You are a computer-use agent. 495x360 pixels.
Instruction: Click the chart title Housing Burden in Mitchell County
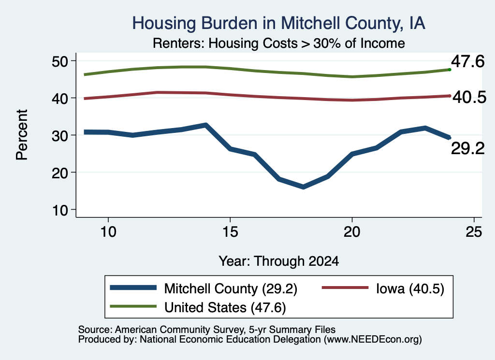(278, 23)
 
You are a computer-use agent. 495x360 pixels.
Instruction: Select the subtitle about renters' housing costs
(279, 43)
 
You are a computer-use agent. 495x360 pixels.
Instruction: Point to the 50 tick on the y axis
(60, 61)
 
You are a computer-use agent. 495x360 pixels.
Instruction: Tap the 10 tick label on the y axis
(60, 210)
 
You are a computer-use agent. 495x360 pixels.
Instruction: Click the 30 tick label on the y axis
(60, 136)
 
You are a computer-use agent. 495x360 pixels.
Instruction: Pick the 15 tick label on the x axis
(230, 232)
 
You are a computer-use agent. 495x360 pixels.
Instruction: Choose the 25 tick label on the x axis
(474, 232)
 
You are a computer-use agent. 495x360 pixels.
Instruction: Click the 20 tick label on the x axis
(352, 232)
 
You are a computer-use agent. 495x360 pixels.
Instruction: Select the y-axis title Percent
(22, 135)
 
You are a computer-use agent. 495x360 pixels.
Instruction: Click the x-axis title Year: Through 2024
(279, 261)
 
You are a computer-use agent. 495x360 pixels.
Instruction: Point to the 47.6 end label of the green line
(467, 61)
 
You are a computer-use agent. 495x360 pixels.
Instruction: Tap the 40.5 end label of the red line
(469, 98)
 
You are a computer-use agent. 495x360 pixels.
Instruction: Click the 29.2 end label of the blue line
(467, 148)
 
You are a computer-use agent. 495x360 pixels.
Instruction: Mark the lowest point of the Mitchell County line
(304, 187)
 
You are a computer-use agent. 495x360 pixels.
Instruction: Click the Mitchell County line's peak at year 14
(206, 125)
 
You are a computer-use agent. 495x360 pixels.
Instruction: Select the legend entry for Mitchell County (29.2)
(204, 288)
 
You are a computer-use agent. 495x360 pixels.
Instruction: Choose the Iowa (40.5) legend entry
(383, 288)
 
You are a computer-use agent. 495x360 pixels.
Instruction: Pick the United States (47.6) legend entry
(198, 307)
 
